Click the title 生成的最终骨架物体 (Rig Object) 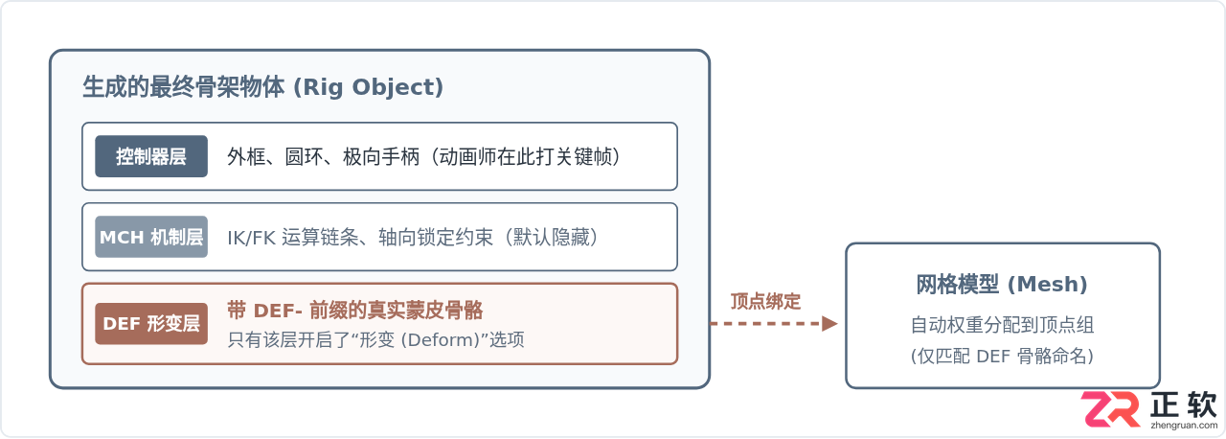tap(263, 87)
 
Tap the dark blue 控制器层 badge tap(151, 156)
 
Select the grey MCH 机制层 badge tap(151, 237)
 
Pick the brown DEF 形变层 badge tap(151, 324)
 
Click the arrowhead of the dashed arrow tap(829, 324)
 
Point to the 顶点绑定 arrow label tap(765, 301)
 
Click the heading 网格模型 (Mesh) tap(1002, 284)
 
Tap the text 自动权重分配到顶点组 tap(1002, 325)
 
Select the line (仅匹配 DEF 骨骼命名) tap(1002, 356)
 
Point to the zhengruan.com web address tap(1184, 426)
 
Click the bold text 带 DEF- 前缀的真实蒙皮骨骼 tap(355, 311)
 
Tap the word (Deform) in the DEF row tap(440, 340)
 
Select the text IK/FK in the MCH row tap(251, 238)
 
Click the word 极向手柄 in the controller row tap(381, 157)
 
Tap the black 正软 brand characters tap(1183, 405)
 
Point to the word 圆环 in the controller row tap(304, 157)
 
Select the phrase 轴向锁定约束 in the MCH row tap(436, 238)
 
